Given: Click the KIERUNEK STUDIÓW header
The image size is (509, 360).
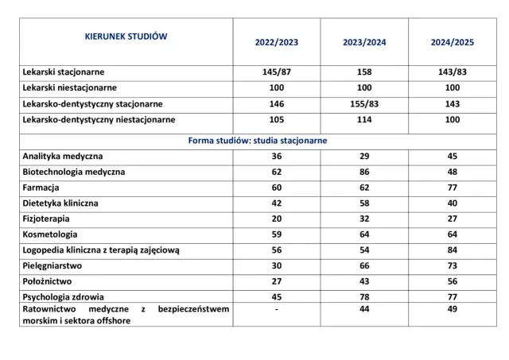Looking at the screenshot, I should [126, 36].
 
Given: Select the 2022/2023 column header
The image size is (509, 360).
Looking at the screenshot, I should [277, 43].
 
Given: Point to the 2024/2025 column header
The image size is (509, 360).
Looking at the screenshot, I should [452, 43].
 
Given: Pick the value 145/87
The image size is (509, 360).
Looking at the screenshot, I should [277, 72].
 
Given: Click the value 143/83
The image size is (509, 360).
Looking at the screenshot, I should [452, 72].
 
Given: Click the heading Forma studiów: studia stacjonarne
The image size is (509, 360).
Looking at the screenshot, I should [258, 140].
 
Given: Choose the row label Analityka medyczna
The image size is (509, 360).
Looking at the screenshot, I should [64, 156].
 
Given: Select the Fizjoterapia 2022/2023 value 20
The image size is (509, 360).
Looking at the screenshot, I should [277, 219].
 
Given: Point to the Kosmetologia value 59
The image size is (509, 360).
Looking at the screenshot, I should [277, 234].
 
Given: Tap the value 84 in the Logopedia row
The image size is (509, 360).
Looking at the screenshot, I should [452, 250].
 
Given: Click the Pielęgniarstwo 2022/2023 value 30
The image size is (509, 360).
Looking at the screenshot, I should [277, 265].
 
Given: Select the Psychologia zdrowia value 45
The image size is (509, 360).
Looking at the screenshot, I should [277, 297].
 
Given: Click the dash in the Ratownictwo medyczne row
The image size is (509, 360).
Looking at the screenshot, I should [277, 309].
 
